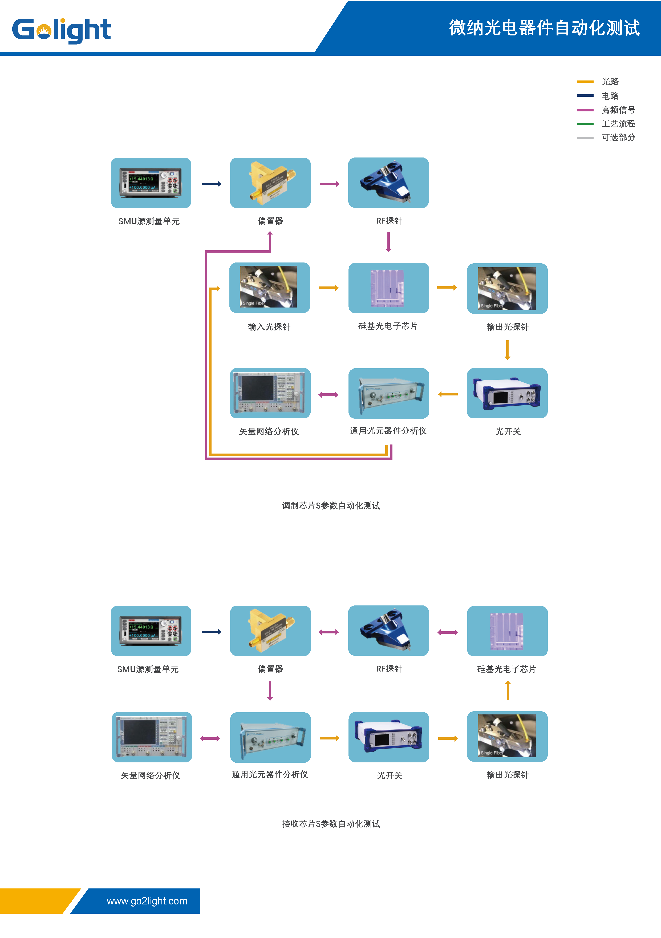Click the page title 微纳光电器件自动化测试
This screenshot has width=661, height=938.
click(544, 28)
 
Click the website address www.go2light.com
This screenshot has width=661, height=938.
click(147, 901)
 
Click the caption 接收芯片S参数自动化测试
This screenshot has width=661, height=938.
click(331, 824)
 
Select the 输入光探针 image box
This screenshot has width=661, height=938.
click(270, 288)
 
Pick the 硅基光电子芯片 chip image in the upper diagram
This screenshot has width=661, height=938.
click(388, 288)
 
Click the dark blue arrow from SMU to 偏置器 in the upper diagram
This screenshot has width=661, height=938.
click(211, 184)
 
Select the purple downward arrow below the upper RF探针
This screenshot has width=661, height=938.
click(388, 242)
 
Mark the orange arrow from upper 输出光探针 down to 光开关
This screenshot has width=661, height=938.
click(507, 350)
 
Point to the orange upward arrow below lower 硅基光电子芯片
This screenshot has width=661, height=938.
click(508, 691)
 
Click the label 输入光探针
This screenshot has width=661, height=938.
click(269, 327)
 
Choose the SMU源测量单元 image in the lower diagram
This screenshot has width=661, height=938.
click(151, 631)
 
